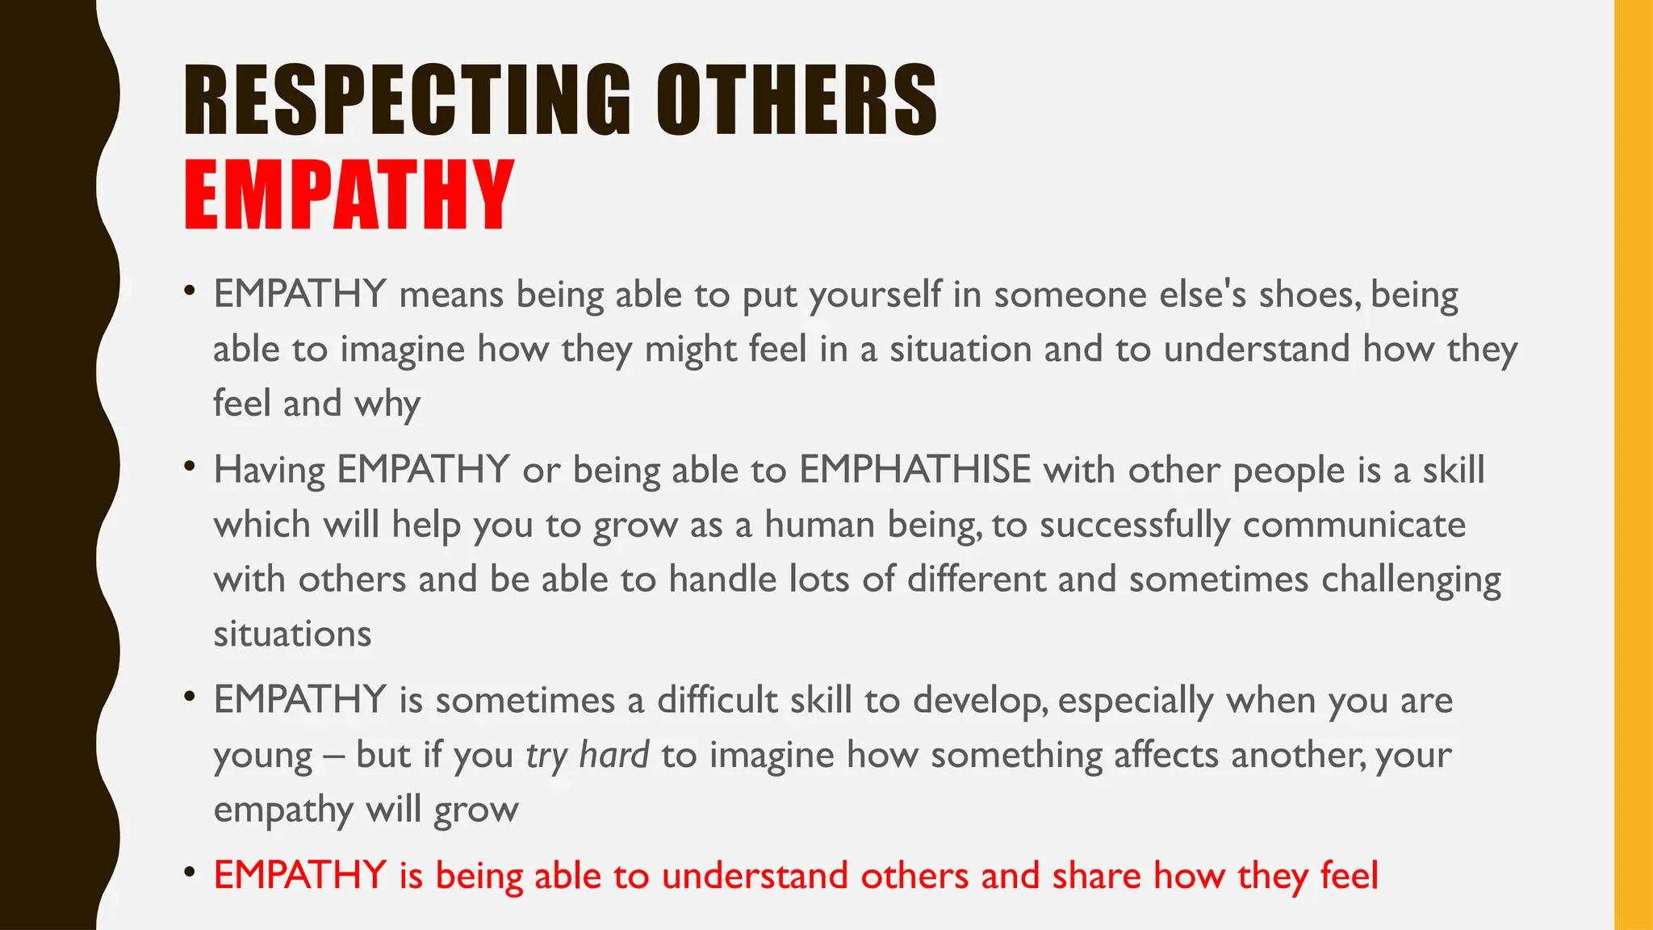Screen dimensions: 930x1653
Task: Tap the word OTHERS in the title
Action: (796, 100)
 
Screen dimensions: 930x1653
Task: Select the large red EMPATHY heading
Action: (349, 195)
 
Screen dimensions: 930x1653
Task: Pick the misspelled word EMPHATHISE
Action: (915, 470)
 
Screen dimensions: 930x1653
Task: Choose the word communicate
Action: (1354, 525)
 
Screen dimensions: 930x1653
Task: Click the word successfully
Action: (1135, 525)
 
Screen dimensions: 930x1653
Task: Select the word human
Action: (819, 525)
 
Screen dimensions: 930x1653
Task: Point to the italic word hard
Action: (613, 756)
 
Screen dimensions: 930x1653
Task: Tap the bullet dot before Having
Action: (190, 466)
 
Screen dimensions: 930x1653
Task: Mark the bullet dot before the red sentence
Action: (190, 872)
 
